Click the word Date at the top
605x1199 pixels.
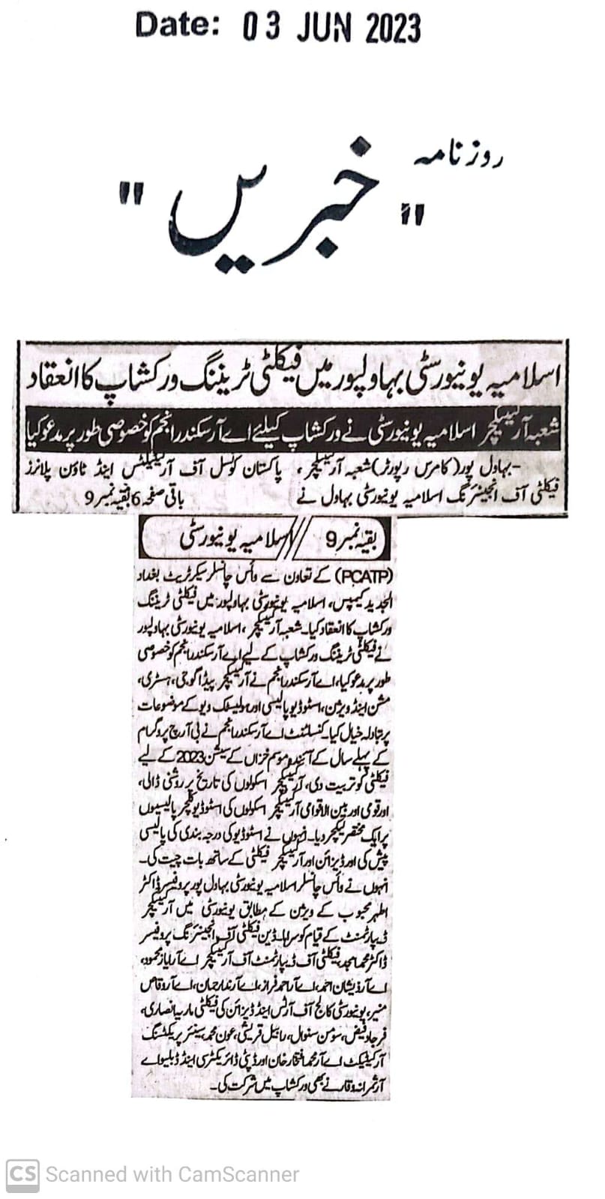[x=176, y=26]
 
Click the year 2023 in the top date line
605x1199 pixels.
[x=393, y=29]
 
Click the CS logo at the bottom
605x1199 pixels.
[x=22, y=1174]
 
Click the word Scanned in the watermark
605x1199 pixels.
[x=83, y=1174]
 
